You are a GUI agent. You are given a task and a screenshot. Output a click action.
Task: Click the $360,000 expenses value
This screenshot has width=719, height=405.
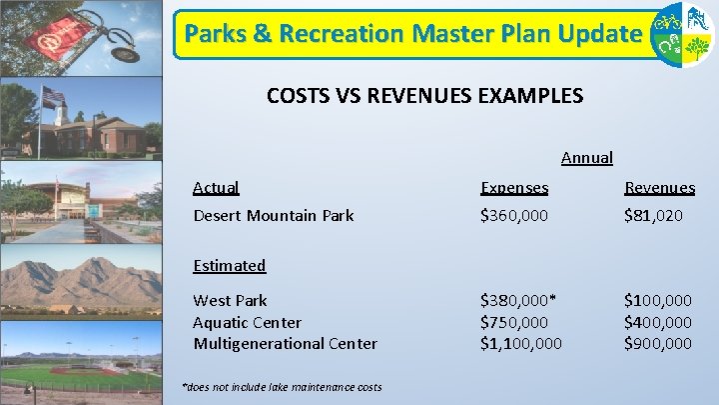513,215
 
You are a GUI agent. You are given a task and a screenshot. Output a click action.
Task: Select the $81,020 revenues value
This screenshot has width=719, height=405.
653,215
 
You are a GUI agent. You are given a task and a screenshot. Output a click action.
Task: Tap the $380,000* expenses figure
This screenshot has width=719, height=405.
517,300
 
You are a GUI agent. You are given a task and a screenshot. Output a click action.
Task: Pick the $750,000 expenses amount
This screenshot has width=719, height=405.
513,322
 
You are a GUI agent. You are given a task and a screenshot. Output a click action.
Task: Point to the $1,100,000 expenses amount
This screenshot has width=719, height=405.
520,343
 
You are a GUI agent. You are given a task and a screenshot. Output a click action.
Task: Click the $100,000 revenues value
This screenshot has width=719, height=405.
657,300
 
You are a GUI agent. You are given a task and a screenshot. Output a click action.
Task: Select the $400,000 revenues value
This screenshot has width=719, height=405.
657,322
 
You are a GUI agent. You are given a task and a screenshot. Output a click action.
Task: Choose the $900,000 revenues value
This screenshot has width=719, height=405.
657,343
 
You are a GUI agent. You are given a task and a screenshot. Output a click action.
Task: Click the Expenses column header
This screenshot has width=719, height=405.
514,187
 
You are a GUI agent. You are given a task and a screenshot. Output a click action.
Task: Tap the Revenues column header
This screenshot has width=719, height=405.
659,187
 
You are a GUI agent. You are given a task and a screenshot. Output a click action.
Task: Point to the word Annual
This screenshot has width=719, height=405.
587,157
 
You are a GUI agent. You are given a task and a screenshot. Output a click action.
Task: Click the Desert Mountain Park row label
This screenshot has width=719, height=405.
273,215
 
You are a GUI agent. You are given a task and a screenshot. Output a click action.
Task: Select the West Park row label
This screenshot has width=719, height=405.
230,300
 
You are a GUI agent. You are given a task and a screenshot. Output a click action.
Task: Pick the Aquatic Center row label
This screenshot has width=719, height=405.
247,322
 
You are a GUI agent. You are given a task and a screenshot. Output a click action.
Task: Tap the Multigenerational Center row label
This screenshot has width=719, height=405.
285,343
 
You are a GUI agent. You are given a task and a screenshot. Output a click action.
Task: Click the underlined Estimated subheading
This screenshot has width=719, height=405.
229,265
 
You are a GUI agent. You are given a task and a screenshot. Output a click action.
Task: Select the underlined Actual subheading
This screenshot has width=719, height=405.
215,187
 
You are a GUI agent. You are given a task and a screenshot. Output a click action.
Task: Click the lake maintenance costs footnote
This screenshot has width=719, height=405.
282,387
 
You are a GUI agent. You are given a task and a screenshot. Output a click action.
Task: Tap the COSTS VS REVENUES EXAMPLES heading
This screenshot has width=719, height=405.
424,96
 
